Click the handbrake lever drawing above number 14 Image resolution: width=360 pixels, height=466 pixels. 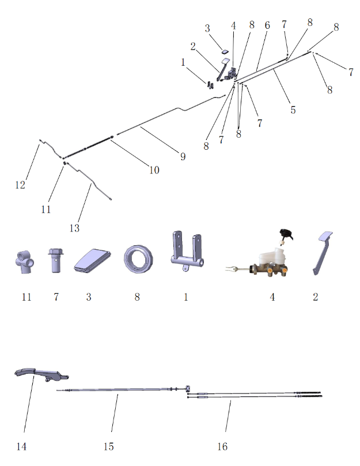tap(41, 374)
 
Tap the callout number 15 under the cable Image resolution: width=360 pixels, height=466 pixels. tap(108, 446)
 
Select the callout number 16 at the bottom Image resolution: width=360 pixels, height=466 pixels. tap(222, 446)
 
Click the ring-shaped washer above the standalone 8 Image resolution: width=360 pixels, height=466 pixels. tap(138, 259)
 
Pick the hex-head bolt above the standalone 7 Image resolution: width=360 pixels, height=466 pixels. tap(56, 260)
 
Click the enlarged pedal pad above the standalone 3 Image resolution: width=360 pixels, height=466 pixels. tap(92, 260)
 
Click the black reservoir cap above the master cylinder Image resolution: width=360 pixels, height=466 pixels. tap(286, 234)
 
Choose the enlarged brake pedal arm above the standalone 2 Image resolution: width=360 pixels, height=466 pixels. tap(322, 253)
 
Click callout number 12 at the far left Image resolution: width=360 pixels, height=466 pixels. tap(20, 185)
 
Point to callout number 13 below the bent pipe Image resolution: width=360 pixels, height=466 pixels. tap(74, 228)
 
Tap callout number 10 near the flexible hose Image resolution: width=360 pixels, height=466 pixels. tap(154, 170)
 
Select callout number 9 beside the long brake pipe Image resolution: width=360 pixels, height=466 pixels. tap(183, 156)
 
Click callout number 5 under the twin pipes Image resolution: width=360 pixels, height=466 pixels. tap(293, 110)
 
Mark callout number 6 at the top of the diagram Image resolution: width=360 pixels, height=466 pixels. tap(267, 25)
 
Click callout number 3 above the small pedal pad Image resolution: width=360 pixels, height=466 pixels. tap(207, 28)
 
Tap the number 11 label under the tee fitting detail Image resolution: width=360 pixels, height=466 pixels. tap(26, 297)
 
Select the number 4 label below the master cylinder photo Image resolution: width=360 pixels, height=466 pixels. tap(272, 297)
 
